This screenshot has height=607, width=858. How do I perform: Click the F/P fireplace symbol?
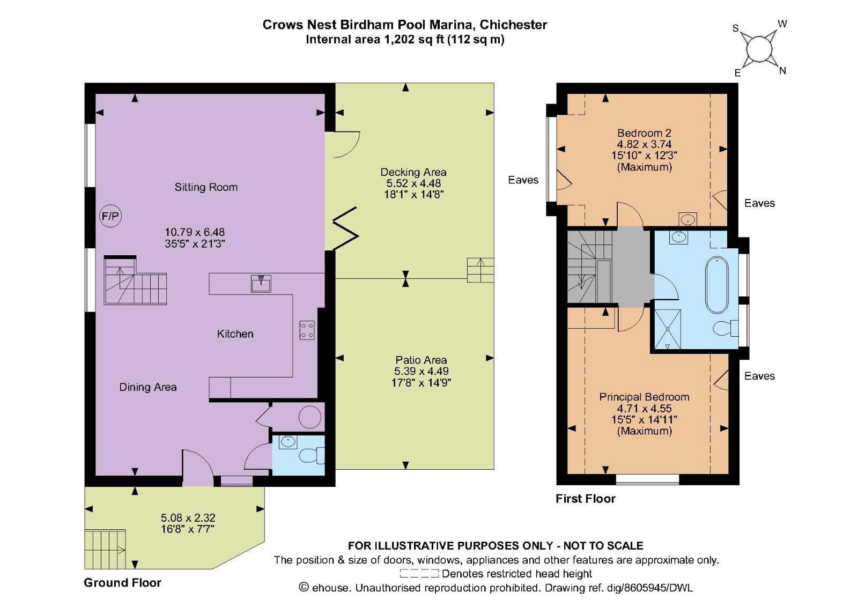pyautogui.click(x=110, y=216)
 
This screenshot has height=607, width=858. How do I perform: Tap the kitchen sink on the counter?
pyautogui.click(x=261, y=283)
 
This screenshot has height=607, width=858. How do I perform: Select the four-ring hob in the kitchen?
pyautogui.click(x=307, y=330)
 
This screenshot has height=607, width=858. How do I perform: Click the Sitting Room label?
pyautogui.click(x=206, y=187)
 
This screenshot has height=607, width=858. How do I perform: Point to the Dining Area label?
pyautogui.click(x=147, y=387)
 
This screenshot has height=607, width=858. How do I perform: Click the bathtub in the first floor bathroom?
pyautogui.click(x=716, y=285)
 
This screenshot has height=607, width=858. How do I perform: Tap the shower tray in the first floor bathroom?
pyautogui.click(x=667, y=329)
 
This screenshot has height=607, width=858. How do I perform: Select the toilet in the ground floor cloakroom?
pyautogui.click(x=311, y=455)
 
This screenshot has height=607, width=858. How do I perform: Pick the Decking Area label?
pyautogui.click(x=413, y=172)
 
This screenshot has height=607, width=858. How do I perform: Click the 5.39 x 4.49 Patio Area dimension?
pyautogui.click(x=421, y=371)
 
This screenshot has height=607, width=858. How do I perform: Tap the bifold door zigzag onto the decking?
pyautogui.click(x=346, y=229)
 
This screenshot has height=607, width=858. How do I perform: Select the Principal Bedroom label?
pyautogui.click(x=644, y=397)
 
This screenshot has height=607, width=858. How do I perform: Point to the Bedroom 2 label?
pyautogui.click(x=644, y=133)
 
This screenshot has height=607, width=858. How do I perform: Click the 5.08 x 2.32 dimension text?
pyautogui.click(x=188, y=517)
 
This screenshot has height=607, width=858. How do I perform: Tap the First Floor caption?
pyautogui.click(x=585, y=499)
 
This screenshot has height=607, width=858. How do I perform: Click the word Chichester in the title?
pyautogui.click(x=513, y=25)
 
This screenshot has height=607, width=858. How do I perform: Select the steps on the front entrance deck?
pyautogui.click(x=105, y=549)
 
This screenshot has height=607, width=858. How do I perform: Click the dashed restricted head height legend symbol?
pyautogui.click(x=419, y=574)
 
